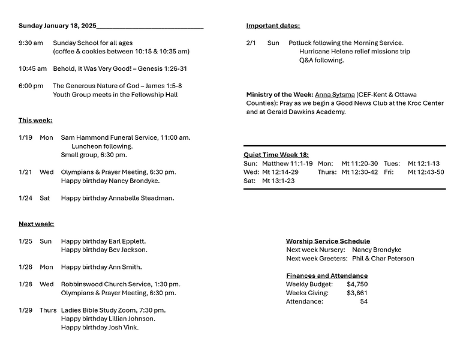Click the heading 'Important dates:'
click(273, 26)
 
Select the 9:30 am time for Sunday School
click(31, 43)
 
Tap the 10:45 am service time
click(32, 69)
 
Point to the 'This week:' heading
click(35, 121)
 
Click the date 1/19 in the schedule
click(25, 138)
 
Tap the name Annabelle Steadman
click(141, 198)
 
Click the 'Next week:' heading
click(36, 224)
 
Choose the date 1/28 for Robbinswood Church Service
click(25, 284)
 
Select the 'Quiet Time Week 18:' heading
click(276, 155)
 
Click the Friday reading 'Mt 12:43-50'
click(426, 172)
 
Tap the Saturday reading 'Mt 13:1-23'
click(278, 181)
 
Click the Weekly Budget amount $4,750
click(357, 284)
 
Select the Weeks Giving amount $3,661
click(357, 293)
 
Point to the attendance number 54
click(363, 302)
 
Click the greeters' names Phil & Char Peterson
click(383, 259)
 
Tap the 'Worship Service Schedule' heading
click(327, 241)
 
